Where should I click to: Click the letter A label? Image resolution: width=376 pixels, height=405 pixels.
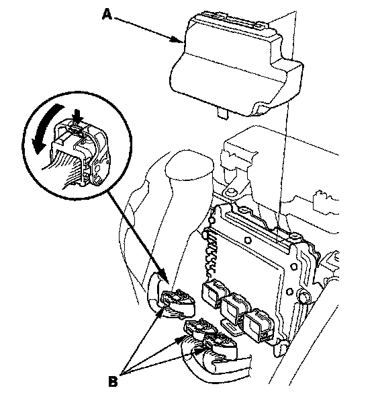click(x=107, y=14)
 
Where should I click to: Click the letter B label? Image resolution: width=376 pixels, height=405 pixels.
click(x=113, y=381)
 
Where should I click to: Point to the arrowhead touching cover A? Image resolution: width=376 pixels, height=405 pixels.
click(x=178, y=40)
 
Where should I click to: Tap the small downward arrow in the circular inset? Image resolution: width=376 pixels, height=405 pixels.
click(x=78, y=116)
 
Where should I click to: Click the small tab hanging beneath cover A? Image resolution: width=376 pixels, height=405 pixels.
click(x=222, y=113)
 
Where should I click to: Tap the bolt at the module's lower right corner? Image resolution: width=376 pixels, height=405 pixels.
click(x=303, y=295)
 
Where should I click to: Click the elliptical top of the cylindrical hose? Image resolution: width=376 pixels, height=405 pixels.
click(x=189, y=165)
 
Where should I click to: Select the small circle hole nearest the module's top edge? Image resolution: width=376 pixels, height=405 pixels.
click(x=248, y=241)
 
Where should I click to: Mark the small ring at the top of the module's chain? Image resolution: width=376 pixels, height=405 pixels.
click(x=212, y=220)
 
